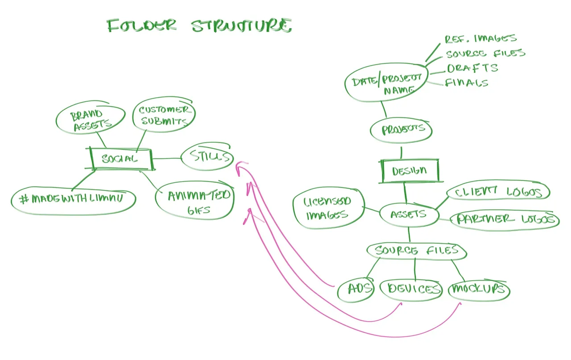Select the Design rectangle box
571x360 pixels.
pos(410,171)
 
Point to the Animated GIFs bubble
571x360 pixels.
pos(195,201)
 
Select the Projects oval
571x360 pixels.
pos(401,129)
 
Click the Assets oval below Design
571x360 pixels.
pos(408,214)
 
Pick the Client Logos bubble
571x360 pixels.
pos(499,192)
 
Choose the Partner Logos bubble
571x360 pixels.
pos(505,219)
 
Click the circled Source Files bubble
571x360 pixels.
pos(416,250)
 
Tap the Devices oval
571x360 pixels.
pos(411,289)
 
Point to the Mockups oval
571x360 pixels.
pos(478,290)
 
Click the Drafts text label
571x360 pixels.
pos(472,68)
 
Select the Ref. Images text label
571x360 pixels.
pos(480,39)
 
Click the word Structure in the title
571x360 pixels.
pos(242,25)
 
